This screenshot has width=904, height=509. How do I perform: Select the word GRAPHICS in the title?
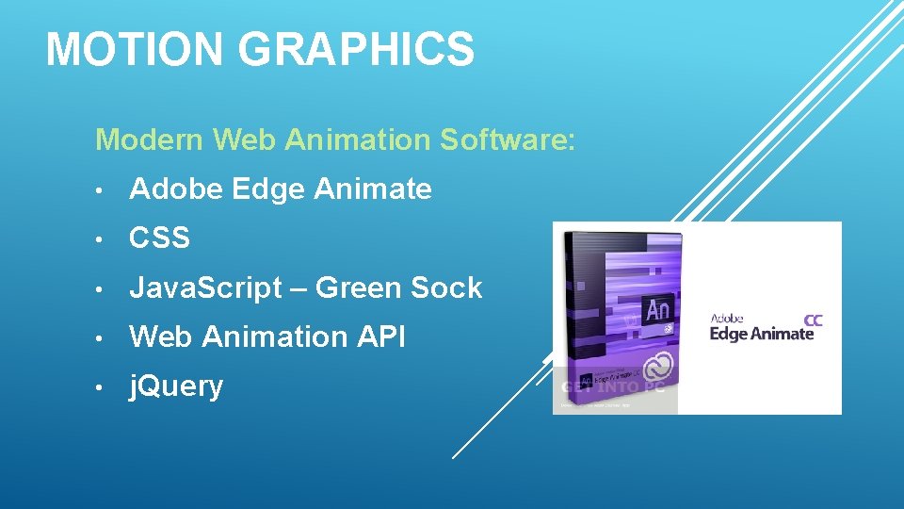[x=357, y=49]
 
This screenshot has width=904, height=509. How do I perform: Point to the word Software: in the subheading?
[x=506, y=140]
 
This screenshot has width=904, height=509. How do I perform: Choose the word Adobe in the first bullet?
[x=175, y=189]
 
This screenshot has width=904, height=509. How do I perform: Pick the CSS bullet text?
[x=160, y=238]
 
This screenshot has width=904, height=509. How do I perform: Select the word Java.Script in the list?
[x=205, y=288]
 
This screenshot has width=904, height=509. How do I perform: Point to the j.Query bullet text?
[x=177, y=386]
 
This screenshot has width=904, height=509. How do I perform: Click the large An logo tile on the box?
[x=658, y=310]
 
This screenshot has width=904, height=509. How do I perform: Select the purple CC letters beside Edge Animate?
[x=813, y=320]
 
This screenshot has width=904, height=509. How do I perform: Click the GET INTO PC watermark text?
[x=614, y=387]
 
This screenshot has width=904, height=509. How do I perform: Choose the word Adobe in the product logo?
[x=727, y=320]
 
